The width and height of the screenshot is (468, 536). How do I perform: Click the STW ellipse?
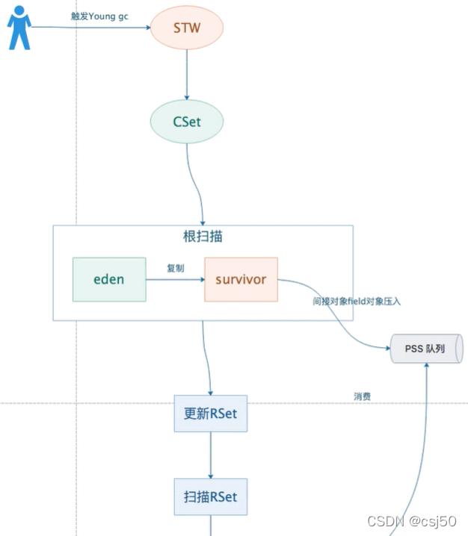click(187, 29)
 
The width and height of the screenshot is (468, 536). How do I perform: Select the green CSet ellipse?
click(187, 121)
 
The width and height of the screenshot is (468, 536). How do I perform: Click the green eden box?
click(109, 279)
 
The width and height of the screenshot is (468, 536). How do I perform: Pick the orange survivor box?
click(241, 279)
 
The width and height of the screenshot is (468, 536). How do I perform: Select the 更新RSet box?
click(210, 413)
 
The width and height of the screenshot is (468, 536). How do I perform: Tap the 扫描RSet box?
click(210, 496)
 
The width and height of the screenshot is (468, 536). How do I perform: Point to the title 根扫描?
click(202, 237)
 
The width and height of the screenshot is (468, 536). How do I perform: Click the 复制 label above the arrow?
click(175, 267)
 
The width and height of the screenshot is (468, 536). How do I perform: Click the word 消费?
click(363, 396)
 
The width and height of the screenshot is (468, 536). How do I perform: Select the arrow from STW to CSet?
click(187, 75)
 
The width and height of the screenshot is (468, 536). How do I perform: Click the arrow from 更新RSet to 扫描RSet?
click(210, 455)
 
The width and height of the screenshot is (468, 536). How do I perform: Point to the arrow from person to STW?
click(90, 28)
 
